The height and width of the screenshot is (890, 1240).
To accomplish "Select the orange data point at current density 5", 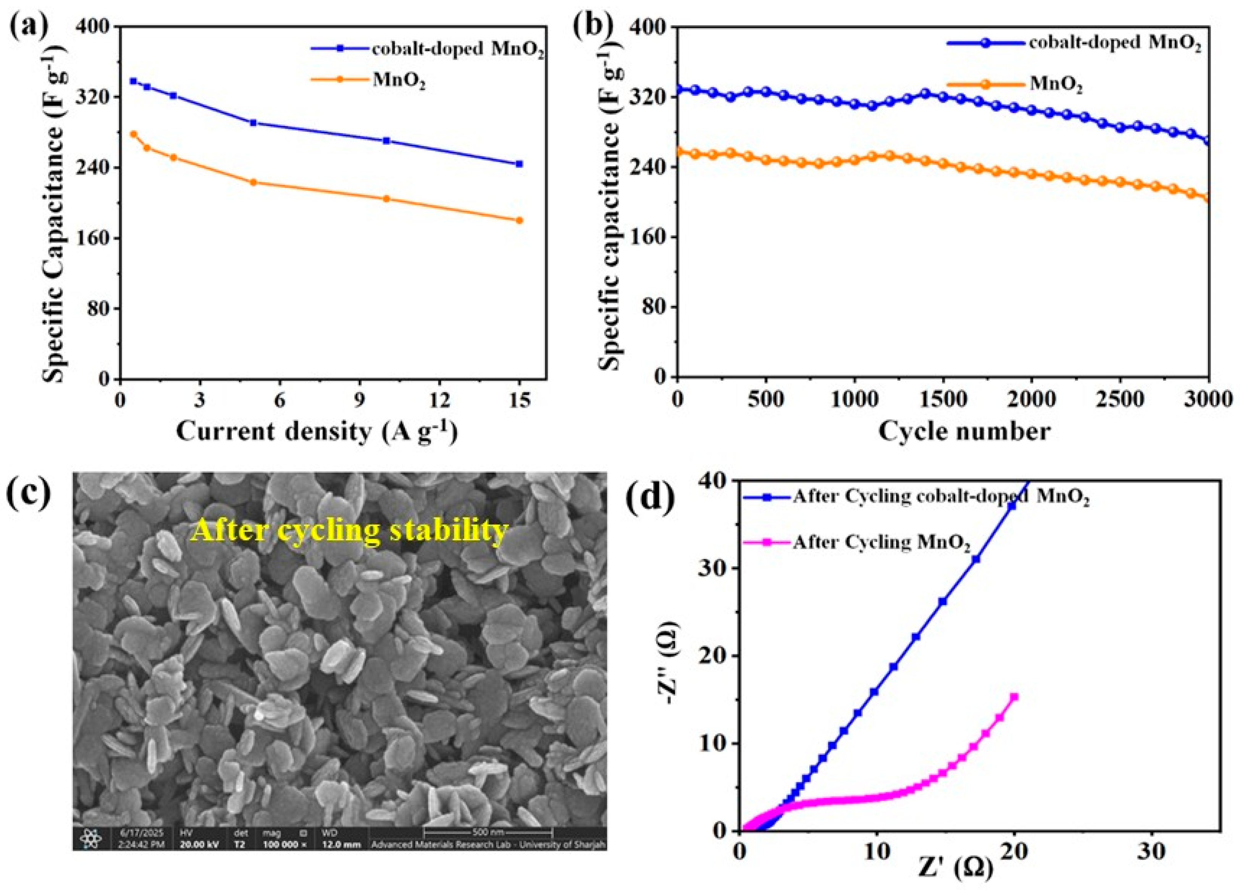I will point(253,182).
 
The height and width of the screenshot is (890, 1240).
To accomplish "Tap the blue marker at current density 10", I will point(386,141).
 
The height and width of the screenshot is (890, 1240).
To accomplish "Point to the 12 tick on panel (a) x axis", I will point(440,401).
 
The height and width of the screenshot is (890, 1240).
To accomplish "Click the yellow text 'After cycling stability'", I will point(350,531).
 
